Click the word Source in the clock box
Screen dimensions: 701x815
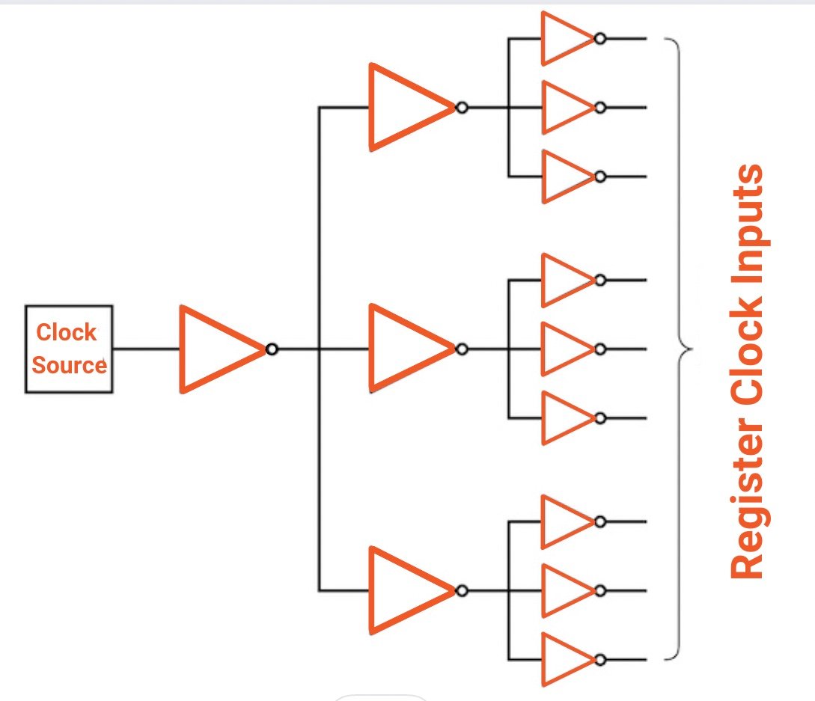69,366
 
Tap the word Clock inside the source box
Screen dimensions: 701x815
67,332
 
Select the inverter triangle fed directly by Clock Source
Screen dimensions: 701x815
216,349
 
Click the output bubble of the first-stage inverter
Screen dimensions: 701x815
272,349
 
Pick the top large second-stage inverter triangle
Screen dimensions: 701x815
405,107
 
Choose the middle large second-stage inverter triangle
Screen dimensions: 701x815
405,349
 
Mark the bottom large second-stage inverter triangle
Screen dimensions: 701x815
405,590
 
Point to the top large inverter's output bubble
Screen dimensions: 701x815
462,108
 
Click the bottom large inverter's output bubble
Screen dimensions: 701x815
462,591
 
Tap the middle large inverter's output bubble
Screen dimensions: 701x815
462,349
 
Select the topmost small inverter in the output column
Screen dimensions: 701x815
564,38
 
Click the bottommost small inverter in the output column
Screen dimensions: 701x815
564,660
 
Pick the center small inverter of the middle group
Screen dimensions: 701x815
564,349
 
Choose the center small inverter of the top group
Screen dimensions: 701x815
564,108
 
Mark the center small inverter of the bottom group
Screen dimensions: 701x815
564,590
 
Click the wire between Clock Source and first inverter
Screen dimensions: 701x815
146,349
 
